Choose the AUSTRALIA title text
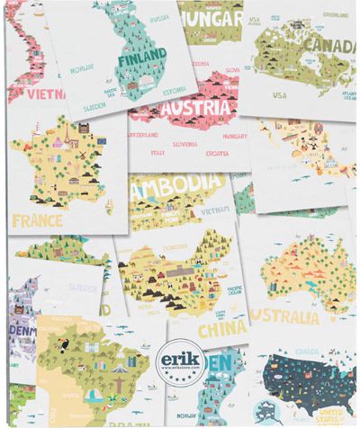click(286, 317)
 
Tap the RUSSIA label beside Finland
click(159, 18)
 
